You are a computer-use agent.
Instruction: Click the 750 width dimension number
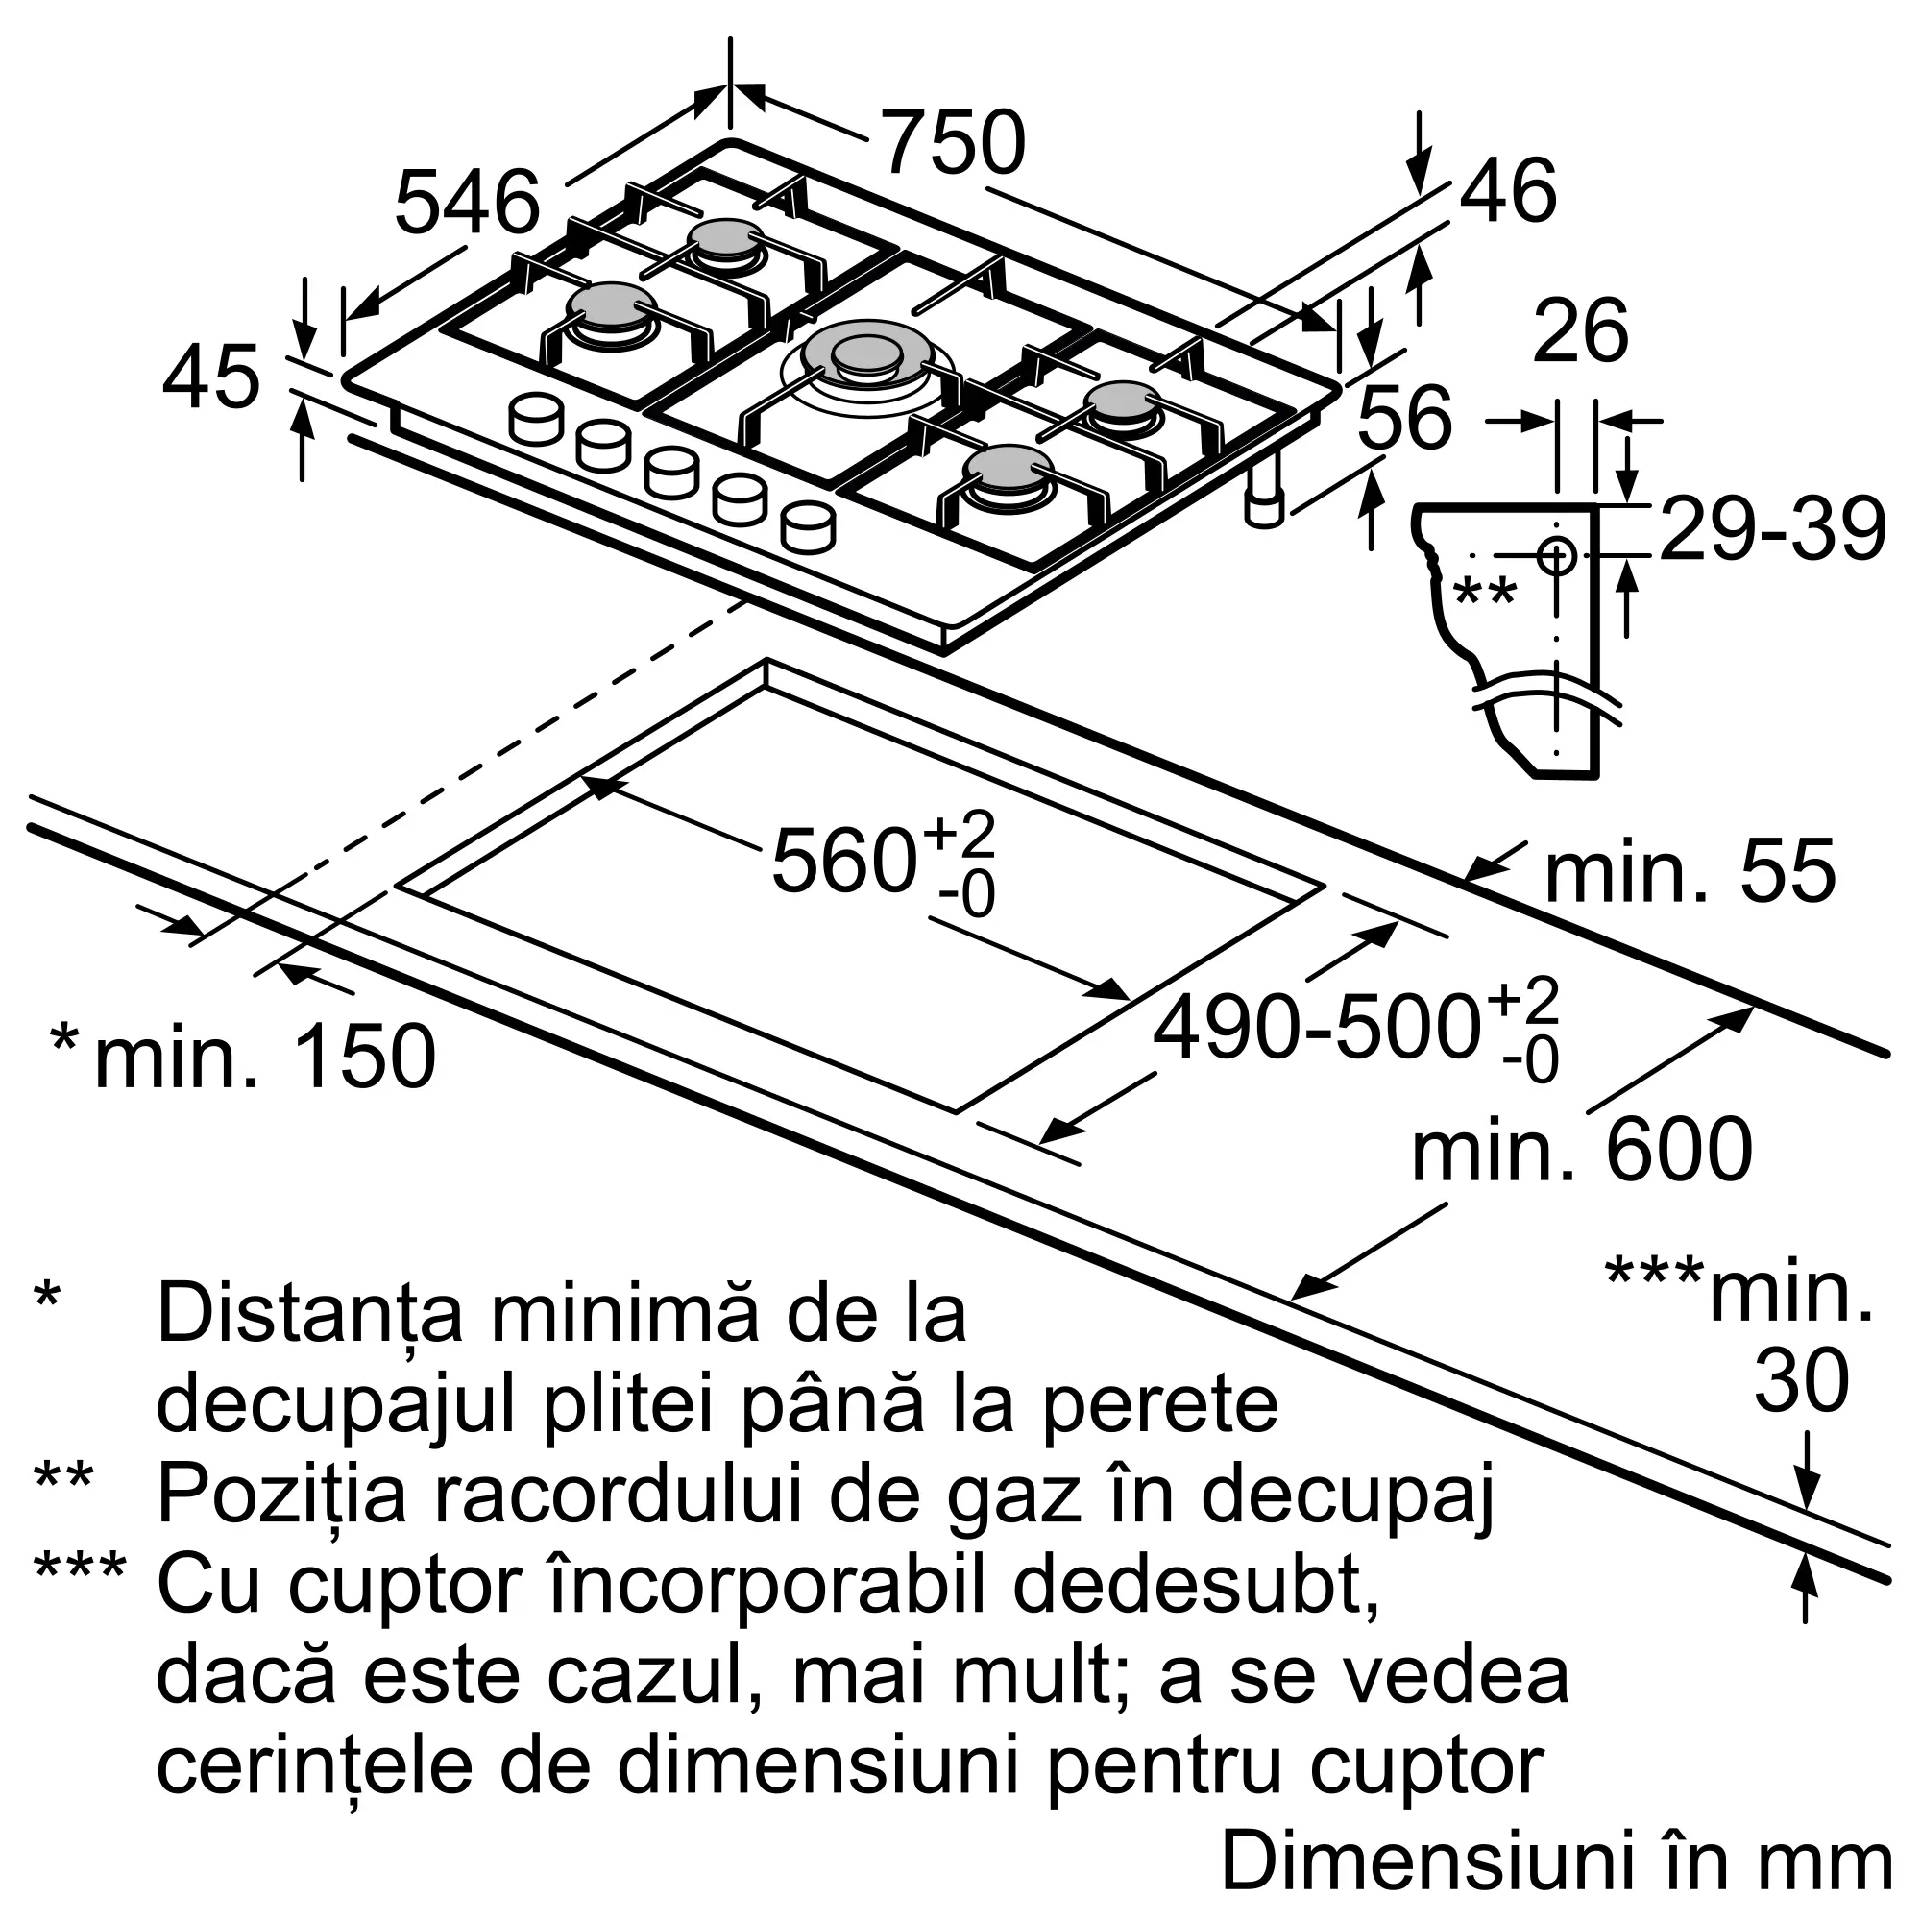coord(954,143)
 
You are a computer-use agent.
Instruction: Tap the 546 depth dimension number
coord(467,204)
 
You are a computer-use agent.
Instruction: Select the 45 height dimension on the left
coord(210,377)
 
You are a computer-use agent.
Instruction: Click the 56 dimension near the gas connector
coord(1404,419)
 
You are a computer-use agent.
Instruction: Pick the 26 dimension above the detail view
coord(1581,330)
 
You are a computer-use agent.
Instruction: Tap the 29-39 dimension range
coord(1773,530)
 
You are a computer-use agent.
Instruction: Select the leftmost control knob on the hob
coord(534,419)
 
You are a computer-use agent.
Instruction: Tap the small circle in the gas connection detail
coord(1556,555)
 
